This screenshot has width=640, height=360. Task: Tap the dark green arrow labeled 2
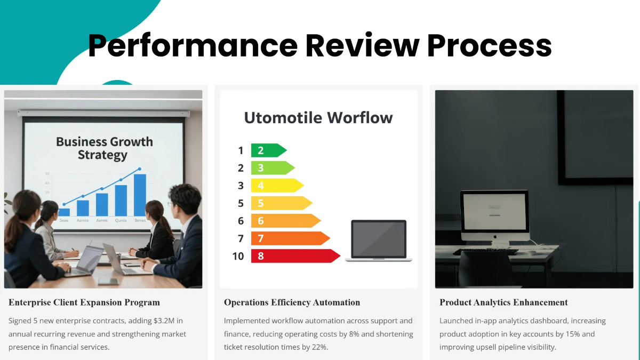point(269,150)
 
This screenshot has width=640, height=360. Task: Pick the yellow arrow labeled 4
point(277,186)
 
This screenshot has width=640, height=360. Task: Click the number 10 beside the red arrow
point(238,257)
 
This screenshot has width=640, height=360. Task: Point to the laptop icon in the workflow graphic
point(379,241)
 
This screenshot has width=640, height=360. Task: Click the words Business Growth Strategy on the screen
point(104,148)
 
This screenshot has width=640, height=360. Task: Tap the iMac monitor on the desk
point(494,216)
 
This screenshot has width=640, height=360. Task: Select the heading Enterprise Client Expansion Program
point(84,302)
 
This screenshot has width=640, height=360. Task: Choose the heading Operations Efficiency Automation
point(292,302)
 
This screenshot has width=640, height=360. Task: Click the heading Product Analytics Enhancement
point(503,302)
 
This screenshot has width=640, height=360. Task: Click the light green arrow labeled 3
point(273,168)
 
